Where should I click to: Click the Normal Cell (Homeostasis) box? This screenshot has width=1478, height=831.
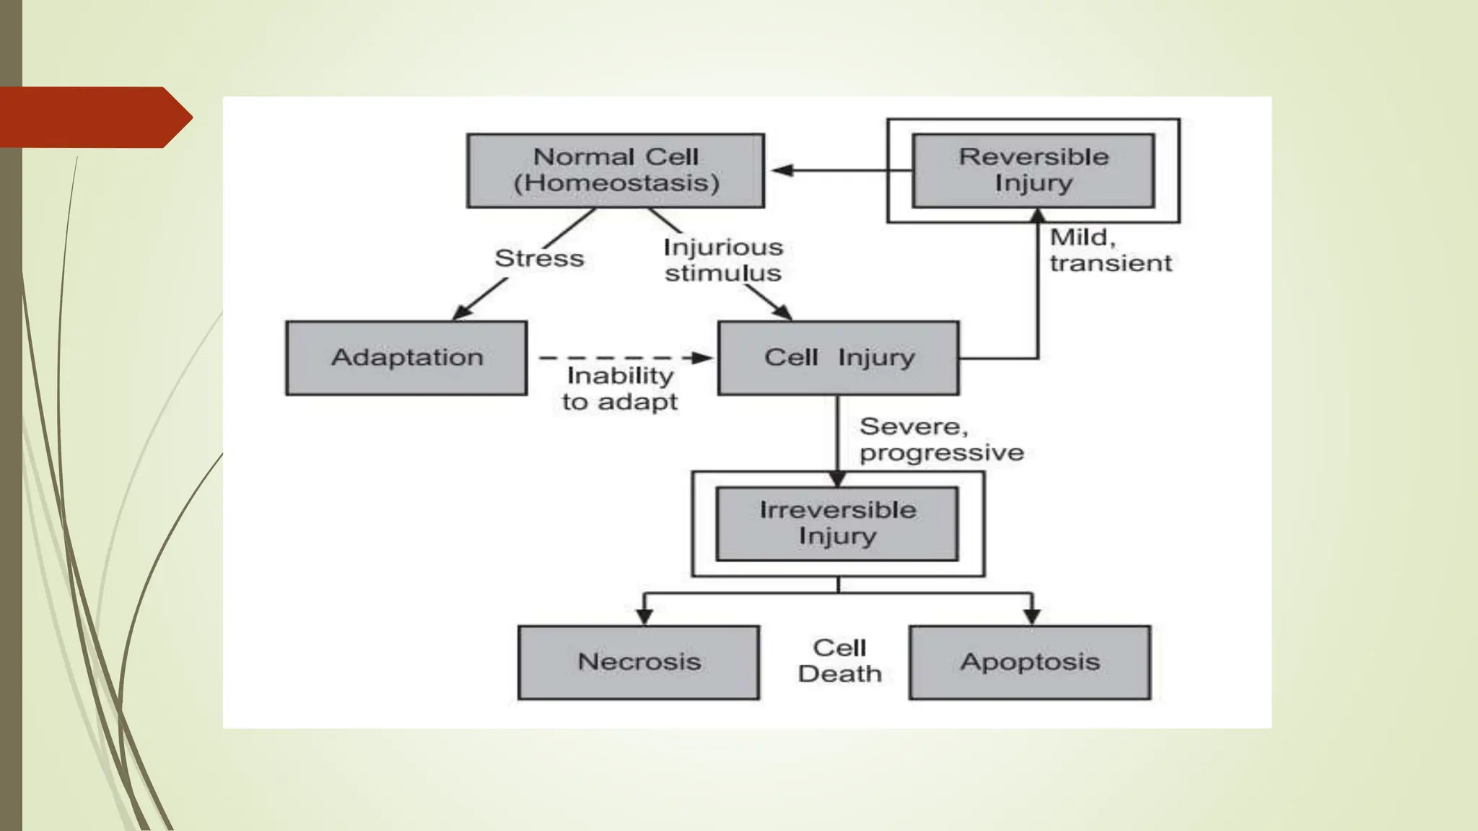[615, 170]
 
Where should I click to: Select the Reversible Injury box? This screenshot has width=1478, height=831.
[1033, 170]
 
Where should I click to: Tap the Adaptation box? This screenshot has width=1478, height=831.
[406, 358]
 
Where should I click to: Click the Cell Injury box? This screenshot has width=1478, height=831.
[838, 358]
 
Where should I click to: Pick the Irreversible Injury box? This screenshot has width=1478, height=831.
[837, 524]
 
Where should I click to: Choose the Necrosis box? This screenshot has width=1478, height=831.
[639, 662]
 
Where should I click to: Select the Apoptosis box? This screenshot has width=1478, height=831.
[1029, 662]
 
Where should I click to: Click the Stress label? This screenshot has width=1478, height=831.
[539, 258]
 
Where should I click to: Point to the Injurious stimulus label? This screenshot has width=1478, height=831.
[723, 260]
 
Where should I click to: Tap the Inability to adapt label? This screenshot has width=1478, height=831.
[620, 389]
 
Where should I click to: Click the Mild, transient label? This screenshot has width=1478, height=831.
[1110, 250]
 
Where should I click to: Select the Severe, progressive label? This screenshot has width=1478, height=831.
[941, 439]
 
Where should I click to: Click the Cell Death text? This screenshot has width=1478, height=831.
[839, 661]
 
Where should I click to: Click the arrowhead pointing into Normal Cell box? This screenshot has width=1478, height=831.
[782, 170]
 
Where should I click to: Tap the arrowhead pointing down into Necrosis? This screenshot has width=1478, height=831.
[644, 616]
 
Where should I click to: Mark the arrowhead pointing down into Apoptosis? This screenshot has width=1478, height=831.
[1032, 616]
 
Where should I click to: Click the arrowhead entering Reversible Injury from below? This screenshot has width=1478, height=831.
[1038, 215]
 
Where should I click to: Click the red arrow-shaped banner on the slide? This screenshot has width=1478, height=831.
[90, 118]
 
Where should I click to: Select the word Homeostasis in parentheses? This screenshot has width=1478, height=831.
[616, 183]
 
